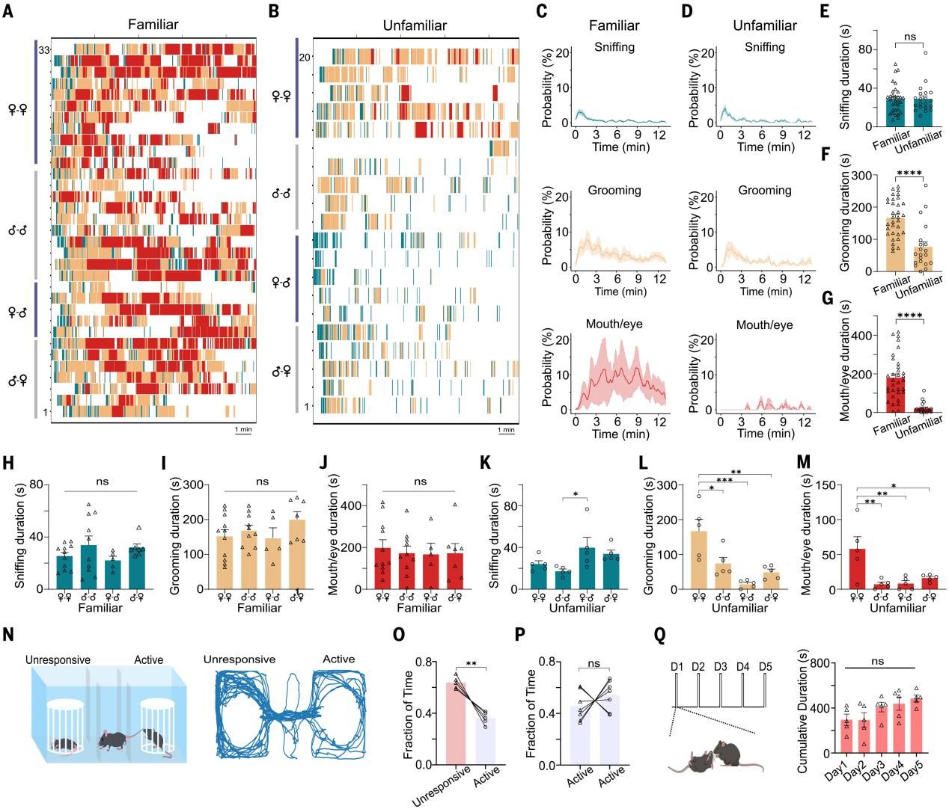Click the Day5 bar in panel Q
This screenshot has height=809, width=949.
916,725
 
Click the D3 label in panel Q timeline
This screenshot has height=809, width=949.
721,667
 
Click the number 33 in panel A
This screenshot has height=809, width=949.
44,50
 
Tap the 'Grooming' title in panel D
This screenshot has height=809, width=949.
764,191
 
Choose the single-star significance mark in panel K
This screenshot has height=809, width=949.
575,494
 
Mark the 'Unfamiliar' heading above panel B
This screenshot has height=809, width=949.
414,25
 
